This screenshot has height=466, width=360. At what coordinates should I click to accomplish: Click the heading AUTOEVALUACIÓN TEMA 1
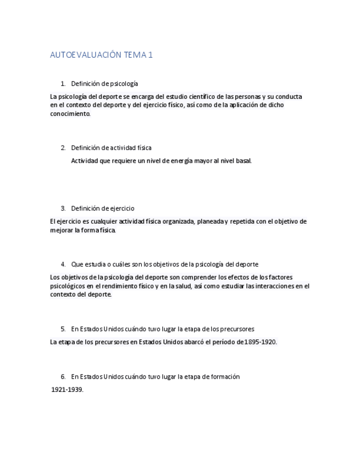coord(101,55)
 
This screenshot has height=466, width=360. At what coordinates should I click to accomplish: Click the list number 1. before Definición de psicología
coord(63,84)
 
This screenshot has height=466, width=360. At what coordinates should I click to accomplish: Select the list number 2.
coord(63,148)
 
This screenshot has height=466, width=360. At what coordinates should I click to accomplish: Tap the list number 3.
coord(63,209)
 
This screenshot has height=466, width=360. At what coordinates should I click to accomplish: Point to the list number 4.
coord(63,264)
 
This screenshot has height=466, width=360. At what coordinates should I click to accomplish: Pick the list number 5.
coord(63,329)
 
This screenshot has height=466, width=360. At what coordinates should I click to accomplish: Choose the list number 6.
coord(63,377)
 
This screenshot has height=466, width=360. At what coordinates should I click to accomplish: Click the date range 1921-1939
coord(67,390)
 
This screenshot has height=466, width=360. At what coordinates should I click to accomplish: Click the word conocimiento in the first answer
coord(70,114)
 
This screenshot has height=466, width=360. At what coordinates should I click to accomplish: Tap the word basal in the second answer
coord(243,161)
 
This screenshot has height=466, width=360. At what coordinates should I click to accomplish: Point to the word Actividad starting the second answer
coord(84,161)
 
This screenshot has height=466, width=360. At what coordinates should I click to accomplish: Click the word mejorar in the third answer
coord(61,230)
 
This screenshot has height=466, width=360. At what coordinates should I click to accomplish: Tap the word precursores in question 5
coord(237,329)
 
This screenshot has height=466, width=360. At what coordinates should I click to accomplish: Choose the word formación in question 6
coord(225,377)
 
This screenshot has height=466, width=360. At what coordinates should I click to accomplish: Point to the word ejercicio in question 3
coord(121,209)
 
